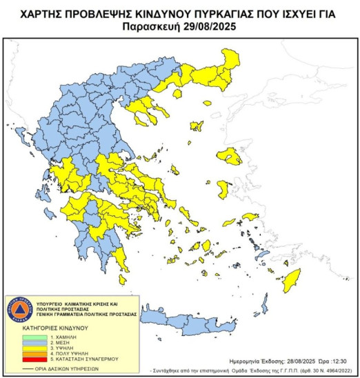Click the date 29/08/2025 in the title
click(207, 27)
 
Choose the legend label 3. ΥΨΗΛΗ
click(53, 346)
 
